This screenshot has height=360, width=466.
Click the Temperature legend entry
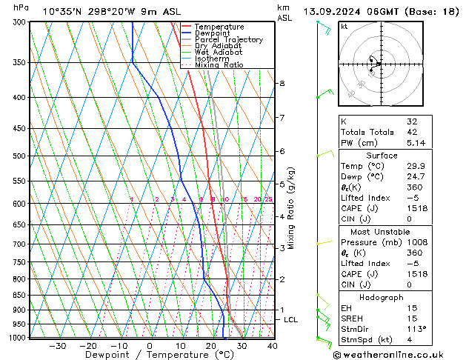(x=220, y=27)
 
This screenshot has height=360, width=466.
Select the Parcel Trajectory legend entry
(x=228, y=39)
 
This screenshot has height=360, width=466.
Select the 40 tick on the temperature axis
(x=273, y=345)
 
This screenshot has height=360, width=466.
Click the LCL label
(x=291, y=319)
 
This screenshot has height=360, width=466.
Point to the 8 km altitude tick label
(x=282, y=84)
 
